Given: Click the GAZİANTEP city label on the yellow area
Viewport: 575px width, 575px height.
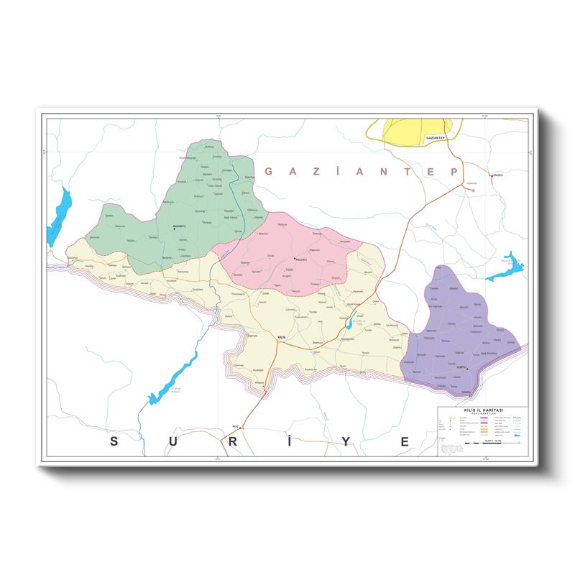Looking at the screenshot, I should click(x=436, y=137).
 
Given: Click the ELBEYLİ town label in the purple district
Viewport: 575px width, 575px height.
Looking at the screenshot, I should click(x=464, y=367).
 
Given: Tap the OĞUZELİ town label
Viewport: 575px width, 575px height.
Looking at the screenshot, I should click(x=497, y=175).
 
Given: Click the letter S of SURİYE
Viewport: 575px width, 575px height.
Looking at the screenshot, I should click(x=114, y=441).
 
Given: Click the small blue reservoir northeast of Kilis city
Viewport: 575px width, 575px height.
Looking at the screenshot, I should click(x=349, y=324).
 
